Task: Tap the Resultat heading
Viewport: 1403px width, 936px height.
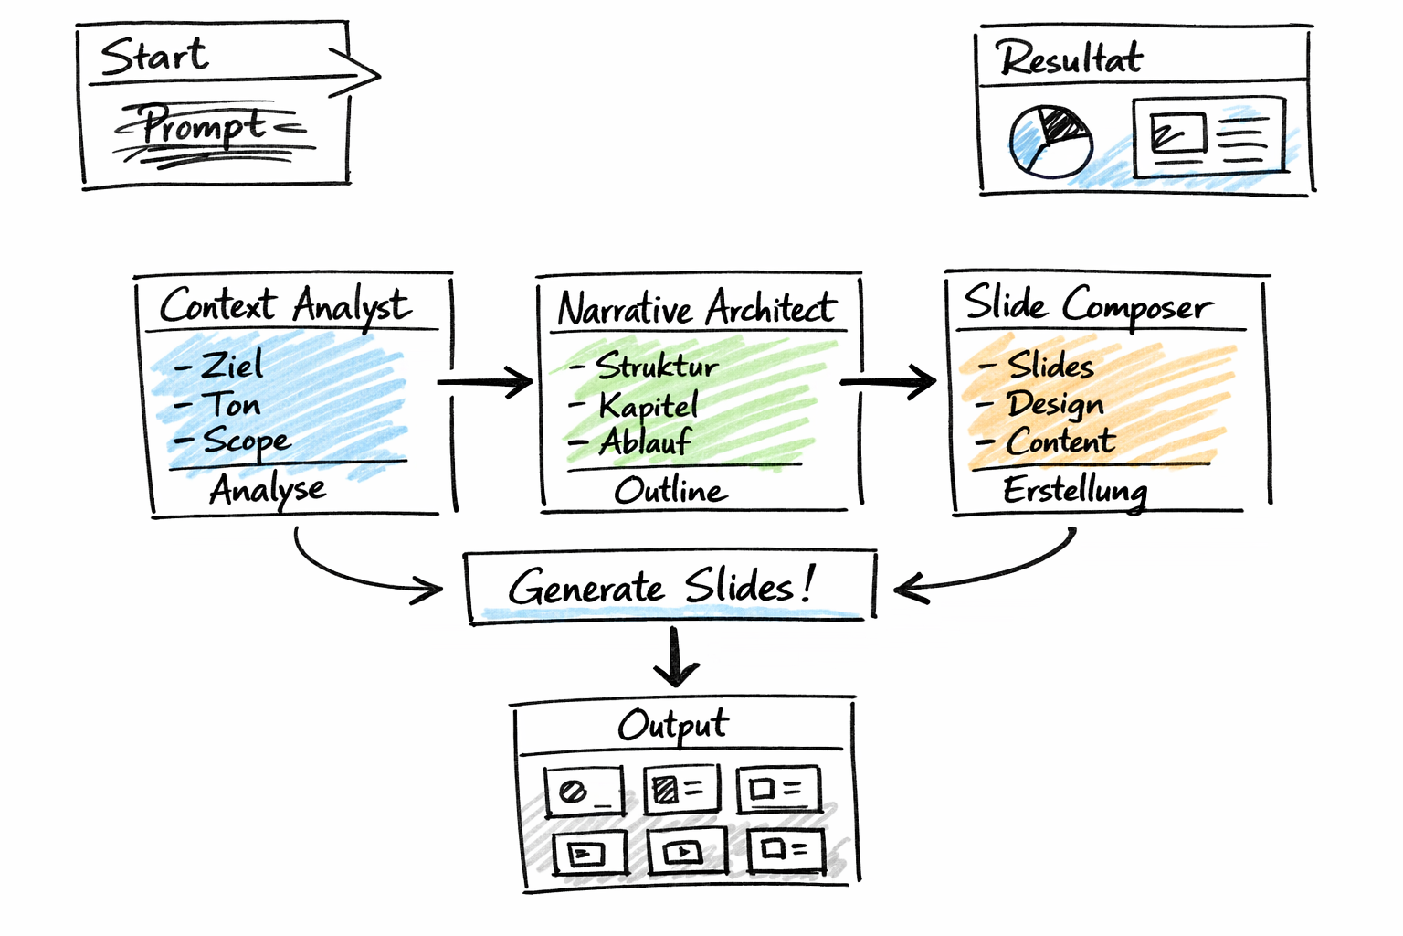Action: pos(1069,59)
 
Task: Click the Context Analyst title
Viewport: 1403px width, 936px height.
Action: pos(285,306)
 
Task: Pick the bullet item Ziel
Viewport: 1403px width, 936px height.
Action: pos(230,366)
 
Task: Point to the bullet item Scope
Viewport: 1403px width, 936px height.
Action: pos(245,441)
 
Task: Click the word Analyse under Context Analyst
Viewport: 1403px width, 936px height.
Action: pos(267,490)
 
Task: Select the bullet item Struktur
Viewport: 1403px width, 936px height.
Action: pos(656,366)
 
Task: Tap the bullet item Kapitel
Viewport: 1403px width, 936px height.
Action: pos(648,405)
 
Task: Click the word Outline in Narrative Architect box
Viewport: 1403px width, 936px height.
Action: pos(670,491)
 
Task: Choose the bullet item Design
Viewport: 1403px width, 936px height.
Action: pos(1055,404)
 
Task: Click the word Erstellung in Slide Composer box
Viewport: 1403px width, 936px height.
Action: pos(1074,491)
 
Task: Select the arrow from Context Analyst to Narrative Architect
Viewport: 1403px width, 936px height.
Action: pos(486,382)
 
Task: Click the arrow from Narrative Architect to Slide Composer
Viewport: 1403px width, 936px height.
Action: pos(889,381)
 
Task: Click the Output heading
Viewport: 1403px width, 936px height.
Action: pos(673,726)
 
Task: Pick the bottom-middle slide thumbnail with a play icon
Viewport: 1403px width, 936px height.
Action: pos(687,852)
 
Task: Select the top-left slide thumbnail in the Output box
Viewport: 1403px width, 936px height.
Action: pos(585,791)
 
